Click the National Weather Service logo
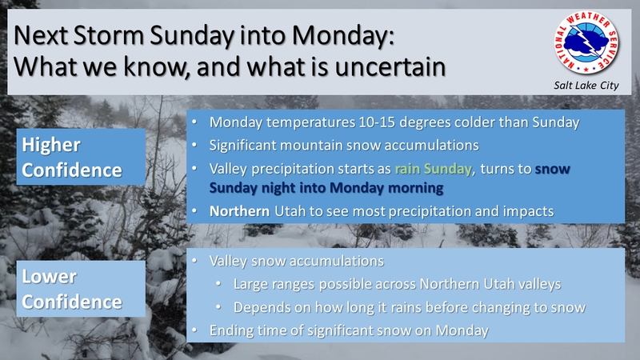586,43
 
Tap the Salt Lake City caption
586,86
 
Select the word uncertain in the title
390,67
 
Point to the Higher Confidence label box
81,157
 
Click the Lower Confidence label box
81,289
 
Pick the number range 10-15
377,122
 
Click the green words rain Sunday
433,169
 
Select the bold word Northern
239,211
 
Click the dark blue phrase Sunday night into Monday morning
326,188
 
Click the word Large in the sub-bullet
250,285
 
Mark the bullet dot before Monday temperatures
194,122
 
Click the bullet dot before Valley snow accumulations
194,261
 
